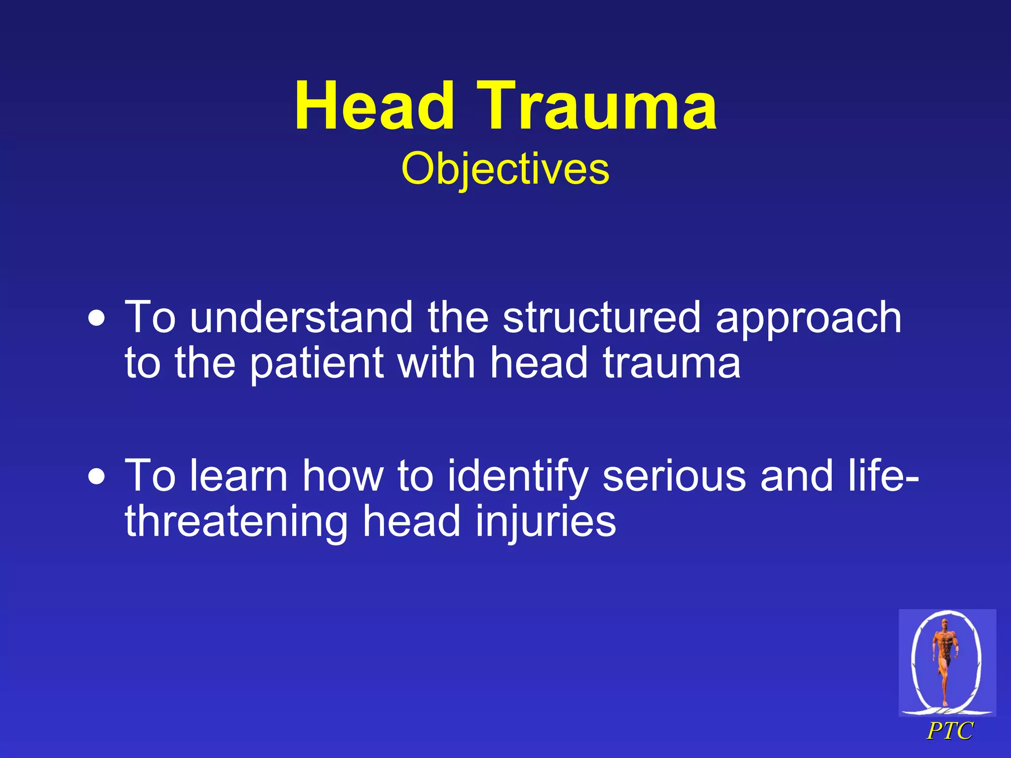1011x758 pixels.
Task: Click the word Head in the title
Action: pos(374,107)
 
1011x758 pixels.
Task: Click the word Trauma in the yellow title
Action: pos(597,107)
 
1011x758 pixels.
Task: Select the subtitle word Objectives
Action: pos(505,169)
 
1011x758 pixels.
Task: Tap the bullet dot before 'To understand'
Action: pos(97,319)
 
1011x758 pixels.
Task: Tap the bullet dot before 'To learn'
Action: pos(97,477)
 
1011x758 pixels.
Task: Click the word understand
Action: pos(301,318)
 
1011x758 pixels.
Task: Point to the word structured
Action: pos(601,318)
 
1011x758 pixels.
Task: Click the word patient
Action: pos(316,364)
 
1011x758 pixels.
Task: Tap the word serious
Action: pos(674,477)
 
